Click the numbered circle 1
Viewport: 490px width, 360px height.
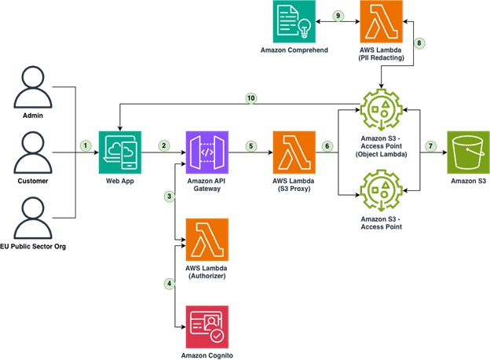point(86,145)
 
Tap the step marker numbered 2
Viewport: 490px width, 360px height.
point(164,145)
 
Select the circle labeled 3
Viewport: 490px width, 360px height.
point(169,196)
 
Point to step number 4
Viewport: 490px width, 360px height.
point(169,283)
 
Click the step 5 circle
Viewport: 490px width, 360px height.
point(250,145)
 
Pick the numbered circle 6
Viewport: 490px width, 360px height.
point(327,145)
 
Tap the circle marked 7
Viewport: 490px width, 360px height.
point(430,145)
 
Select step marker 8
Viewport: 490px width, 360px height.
point(419,42)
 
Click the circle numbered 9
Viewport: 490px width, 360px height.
point(338,15)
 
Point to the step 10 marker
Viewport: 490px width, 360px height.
point(250,98)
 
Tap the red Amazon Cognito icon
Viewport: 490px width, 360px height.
point(207,326)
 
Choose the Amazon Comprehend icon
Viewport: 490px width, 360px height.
point(294,21)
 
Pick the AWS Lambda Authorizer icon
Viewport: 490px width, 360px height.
point(207,240)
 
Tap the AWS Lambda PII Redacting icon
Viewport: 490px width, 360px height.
point(381,21)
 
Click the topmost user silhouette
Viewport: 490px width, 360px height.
point(32,86)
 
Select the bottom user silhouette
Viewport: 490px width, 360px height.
point(32,218)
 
